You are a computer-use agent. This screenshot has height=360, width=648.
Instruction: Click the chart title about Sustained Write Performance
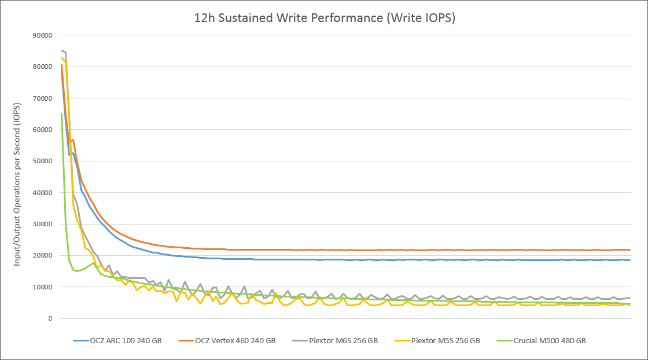tap(324, 18)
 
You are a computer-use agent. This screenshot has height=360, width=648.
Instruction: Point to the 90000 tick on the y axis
tap(42, 36)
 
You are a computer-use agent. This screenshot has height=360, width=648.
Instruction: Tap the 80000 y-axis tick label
tap(42, 67)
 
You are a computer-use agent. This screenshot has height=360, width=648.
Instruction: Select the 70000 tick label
tap(42, 98)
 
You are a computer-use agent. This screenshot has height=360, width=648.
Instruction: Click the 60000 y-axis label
tap(42, 130)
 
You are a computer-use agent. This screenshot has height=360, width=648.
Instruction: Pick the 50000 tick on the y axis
tap(42, 161)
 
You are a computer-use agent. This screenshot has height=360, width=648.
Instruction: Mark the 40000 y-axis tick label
tap(42, 193)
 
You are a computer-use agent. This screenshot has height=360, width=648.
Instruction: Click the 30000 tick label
tap(42, 224)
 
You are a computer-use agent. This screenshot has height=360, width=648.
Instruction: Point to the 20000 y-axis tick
tap(42, 255)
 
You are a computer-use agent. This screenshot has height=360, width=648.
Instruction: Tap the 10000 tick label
tap(42, 287)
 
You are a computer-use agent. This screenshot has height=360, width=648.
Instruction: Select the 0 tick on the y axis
tap(50, 318)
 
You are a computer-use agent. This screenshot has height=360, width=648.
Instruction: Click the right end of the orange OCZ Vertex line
tap(629, 250)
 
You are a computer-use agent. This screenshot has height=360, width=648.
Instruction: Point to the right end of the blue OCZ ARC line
tap(629, 260)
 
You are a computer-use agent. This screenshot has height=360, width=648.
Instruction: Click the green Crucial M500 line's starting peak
tap(61, 114)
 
